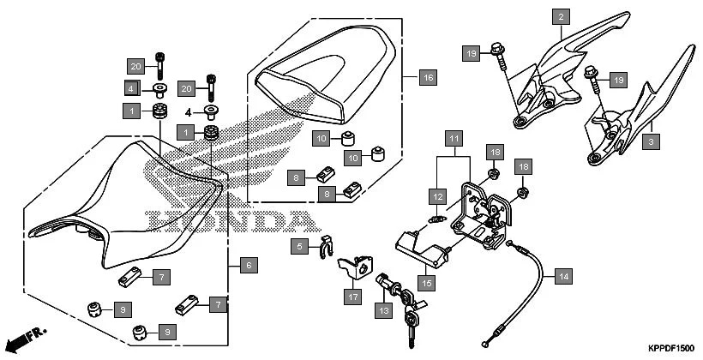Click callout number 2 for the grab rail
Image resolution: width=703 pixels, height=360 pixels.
(x=562, y=16)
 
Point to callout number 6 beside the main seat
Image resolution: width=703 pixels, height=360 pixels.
(x=247, y=266)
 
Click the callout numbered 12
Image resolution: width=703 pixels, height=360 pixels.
(x=438, y=195)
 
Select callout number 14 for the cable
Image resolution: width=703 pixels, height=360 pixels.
(x=562, y=277)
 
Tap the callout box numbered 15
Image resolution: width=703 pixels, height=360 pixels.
(x=427, y=280)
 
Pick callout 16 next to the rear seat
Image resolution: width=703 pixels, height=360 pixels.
(x=428, y=78)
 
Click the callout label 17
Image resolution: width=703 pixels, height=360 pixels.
(x=352, y=297)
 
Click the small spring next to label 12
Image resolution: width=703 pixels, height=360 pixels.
(x=437, y=217)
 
